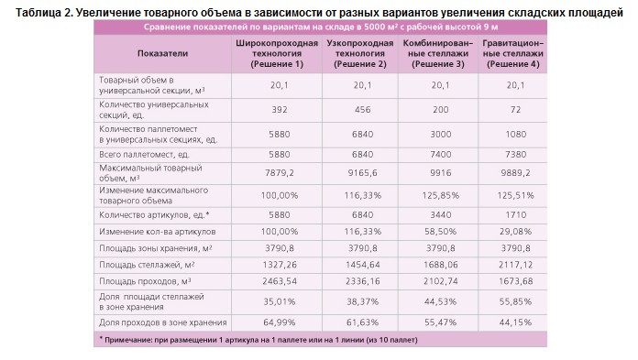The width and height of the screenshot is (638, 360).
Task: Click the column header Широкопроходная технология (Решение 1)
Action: point(277,53)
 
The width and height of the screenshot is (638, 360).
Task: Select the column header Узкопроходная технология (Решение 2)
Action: point(360,53)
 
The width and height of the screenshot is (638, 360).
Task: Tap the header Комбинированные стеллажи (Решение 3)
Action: point(438,53)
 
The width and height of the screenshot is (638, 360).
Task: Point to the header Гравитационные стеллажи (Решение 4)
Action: point(513,53)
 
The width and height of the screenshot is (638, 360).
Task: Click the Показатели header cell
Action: point(163,53)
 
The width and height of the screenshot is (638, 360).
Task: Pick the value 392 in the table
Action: point(280,110)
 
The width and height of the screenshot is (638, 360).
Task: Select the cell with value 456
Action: point(362,110)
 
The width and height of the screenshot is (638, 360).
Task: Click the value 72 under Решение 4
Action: point(515,110)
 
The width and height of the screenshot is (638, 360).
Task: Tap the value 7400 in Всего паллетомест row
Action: point(441,155)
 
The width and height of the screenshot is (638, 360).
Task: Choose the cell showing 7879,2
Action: point(280,173)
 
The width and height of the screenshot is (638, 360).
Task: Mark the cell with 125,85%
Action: point(441,196)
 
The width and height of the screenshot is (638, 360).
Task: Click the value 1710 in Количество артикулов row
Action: point(515,214)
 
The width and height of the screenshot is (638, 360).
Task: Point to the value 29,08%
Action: point(515,232)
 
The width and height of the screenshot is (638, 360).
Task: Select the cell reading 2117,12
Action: point(515,265)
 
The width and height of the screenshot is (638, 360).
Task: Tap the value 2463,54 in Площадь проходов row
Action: point(280,281)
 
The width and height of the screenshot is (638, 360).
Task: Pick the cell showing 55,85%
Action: point(515,301)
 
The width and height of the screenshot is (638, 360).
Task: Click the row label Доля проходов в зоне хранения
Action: point(163,322)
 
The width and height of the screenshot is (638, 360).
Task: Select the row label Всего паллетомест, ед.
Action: point(145,155)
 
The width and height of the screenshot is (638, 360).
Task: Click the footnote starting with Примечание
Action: point(258,340)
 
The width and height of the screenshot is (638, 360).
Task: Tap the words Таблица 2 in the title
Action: point(44,13)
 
